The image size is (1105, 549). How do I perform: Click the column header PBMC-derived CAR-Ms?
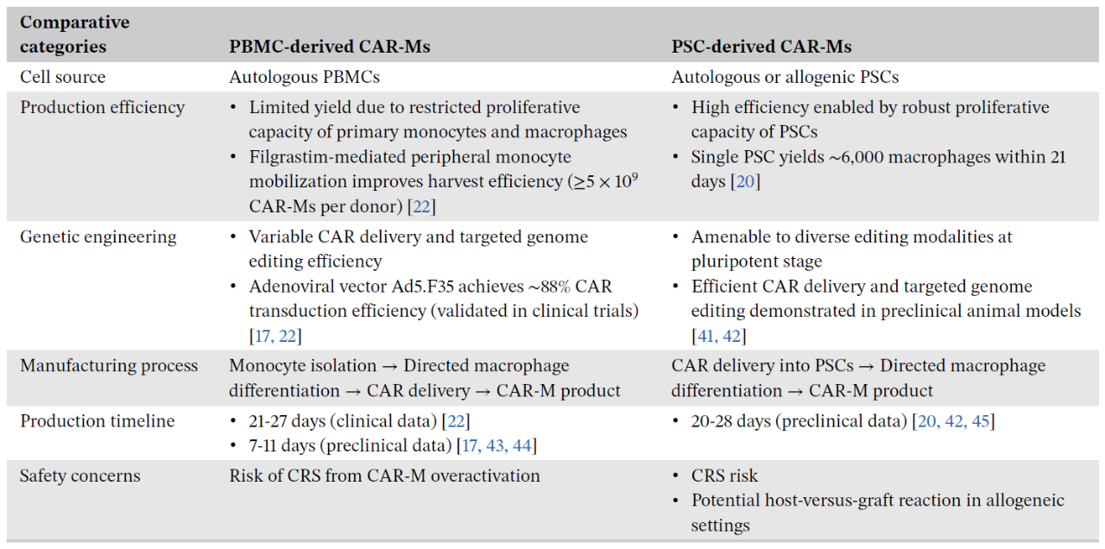click(329, 47)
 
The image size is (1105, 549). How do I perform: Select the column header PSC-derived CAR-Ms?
click(761, 47)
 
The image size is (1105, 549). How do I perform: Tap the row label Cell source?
click(62, 77)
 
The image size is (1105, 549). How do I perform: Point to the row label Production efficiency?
click(102, 107)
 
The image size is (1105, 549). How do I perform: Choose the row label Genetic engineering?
click(98, 237)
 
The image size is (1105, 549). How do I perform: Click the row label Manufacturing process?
click(109, 365)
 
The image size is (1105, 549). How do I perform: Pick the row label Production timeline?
click(97, 421)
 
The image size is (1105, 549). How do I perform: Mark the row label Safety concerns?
click(79, 476)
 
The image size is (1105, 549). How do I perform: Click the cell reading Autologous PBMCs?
click(304, 77)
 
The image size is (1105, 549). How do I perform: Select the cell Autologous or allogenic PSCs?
click(785, 77)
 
